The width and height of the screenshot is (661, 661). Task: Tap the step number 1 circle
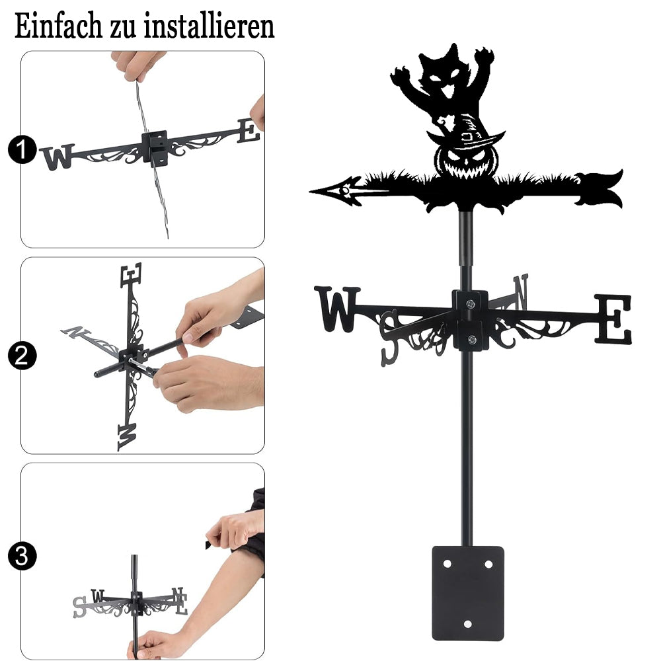(x=22, y=149)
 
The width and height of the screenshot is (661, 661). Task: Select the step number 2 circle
(x=22, y=356)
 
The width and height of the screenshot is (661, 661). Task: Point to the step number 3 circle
(x=22, y=556)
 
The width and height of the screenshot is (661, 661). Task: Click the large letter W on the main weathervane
(x=337, y=309)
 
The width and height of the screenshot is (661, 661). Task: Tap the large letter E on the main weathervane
(x=613, y=319)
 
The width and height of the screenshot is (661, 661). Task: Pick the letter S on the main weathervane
(x=389, y=338)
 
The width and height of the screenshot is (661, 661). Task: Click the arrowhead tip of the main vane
(x=311, y=192)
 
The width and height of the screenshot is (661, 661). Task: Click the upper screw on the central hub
(x=470, y=303)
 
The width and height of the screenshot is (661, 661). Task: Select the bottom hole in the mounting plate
(x=467, y=623)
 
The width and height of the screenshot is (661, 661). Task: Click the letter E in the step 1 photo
(x=249, y=131)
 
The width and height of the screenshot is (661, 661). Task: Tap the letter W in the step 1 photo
(x=58, y=157)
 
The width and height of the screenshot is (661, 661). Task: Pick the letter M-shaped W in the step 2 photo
(x=127, y=437)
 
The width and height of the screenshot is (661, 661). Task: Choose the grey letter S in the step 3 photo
(x=79, y=607)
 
